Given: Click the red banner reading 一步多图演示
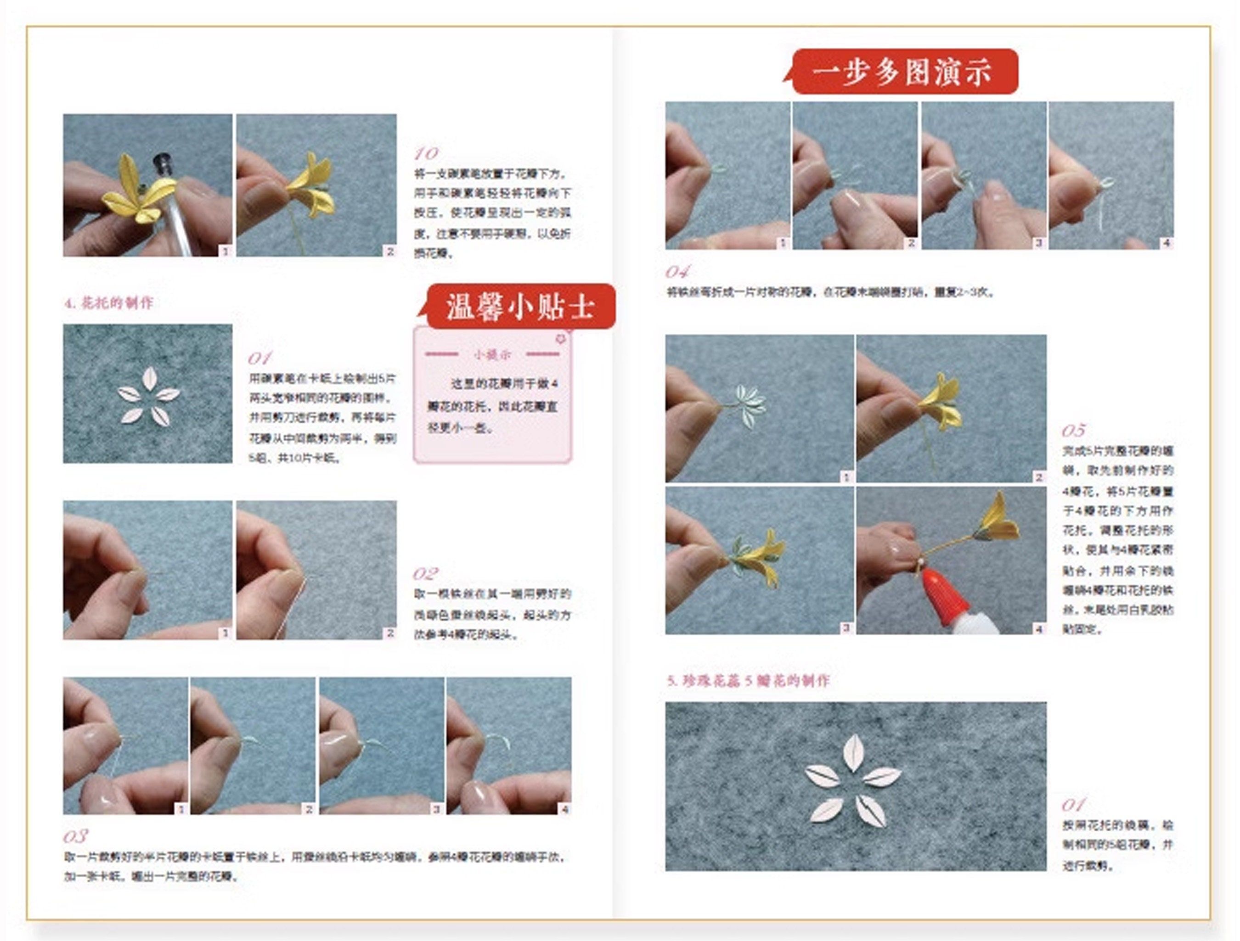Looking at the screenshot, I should (x=904, y=72).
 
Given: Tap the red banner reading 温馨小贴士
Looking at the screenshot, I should (x=520, y=307).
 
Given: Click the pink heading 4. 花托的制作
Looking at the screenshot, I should (x=109, y=303).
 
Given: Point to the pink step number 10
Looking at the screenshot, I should (x=426, y=153).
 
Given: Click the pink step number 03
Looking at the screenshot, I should (x=75, y=837).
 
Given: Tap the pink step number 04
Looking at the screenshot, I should (x=677, y=272).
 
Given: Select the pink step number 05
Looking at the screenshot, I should (x=1073, y=431).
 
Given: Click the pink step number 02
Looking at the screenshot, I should (x=425, y=574).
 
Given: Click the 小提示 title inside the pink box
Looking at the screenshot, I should (x=492, y=354).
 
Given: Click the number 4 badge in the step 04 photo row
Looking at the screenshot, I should (x=1166, y=243).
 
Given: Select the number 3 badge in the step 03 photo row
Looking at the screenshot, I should (x=437, y=809).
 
